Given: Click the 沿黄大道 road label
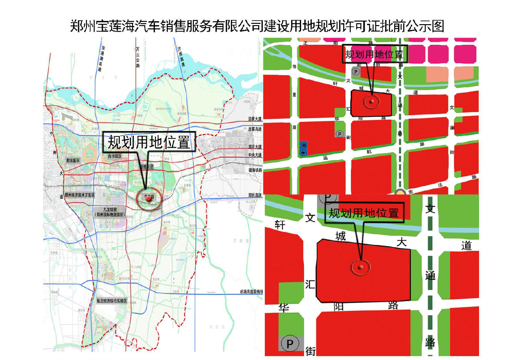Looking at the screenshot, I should pos(255,119).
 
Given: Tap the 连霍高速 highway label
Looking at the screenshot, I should pos(255,129).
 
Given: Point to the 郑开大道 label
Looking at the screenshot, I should pos(255,147).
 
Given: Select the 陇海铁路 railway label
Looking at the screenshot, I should pos(255,170).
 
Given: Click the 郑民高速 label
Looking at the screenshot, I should pos(255,195).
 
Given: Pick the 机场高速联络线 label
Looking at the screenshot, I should pos(251,292).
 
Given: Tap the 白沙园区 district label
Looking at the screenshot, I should pos(114,156).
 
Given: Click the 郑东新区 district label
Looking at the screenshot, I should pos(73,160).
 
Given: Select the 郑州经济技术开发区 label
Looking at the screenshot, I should pos(79,195).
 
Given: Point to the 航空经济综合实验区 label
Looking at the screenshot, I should pos(111,301).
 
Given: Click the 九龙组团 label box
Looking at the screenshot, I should pos(110,212).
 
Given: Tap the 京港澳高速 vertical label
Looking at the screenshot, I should pos(101,59).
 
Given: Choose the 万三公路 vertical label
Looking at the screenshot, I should pos(138,57).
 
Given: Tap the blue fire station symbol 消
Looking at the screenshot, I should pos(303,149).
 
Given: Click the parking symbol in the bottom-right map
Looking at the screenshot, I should pos(290,343).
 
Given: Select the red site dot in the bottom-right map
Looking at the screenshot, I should pos(361,267).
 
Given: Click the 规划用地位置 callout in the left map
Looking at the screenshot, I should pos(149,142).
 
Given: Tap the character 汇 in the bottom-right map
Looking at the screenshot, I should pos(310,284).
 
